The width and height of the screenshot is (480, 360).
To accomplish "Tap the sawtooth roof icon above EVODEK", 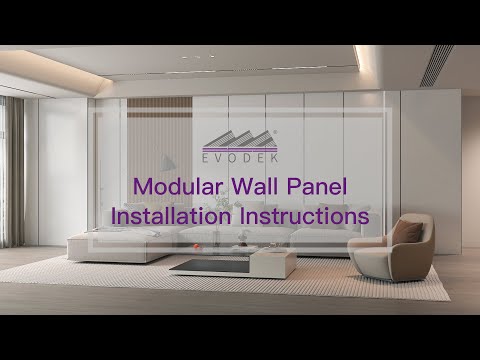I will coord(239,140).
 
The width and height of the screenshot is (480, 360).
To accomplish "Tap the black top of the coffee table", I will coord(205,265).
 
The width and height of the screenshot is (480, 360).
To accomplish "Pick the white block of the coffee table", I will coord(272,264).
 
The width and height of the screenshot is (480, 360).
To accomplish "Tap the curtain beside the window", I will coord(15,170).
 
